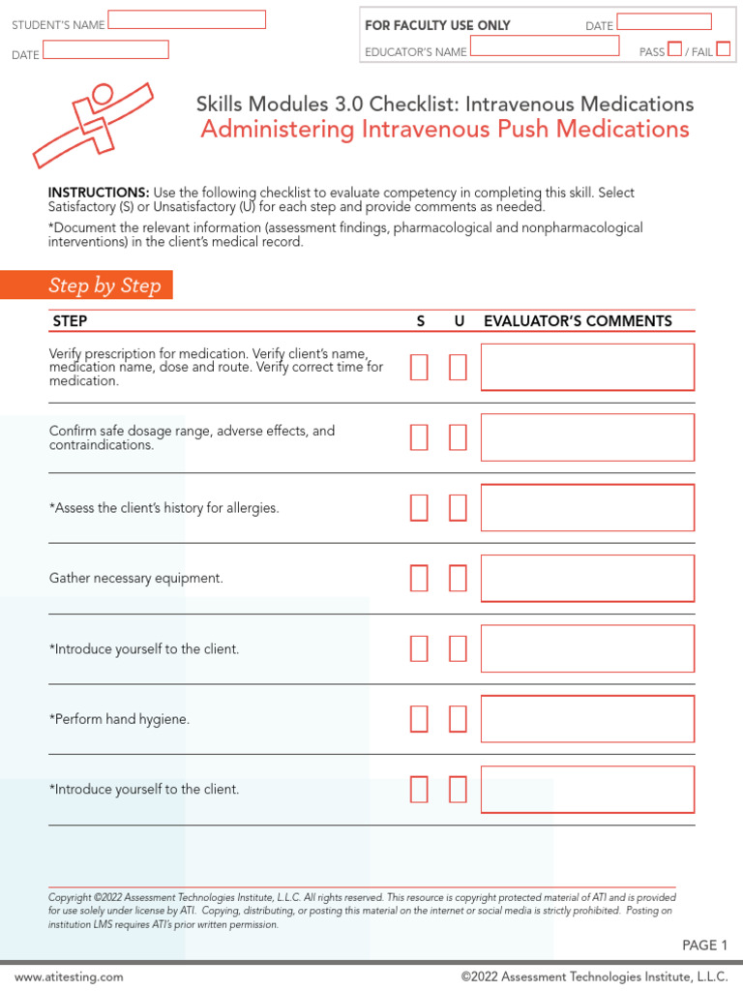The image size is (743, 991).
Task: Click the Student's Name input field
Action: (x=187, y=20)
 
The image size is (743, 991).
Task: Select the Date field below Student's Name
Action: (x=105, y=50)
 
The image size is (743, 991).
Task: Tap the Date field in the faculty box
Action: (x=664, y=22)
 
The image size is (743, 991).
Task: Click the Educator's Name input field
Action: (x=545, y=46)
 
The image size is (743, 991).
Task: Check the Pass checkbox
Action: (x=675, y=49)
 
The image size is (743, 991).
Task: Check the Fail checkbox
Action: (x=724, y=49)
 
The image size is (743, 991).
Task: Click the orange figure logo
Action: (x=93, y=122)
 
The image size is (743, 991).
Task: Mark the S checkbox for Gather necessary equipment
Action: (x=419, y=579)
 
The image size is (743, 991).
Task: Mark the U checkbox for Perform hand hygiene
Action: (x=458, y=719)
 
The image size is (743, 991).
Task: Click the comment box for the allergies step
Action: (x=587, y=508)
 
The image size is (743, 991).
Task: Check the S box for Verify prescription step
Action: (x=419, y=368)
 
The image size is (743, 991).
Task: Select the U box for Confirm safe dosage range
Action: (x=458, y=437)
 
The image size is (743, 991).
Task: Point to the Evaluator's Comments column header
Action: (x=578, y=321)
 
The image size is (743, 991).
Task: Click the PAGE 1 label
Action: (x=705, y=946)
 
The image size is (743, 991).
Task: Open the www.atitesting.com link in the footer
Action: (x=69, y=977)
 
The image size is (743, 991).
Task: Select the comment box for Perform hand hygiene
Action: (x=587, y=719)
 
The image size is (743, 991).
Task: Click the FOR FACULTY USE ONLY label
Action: (x=437, y=25)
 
